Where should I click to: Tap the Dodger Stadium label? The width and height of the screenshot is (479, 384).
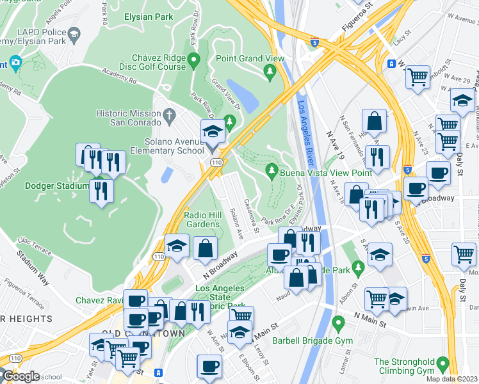56,186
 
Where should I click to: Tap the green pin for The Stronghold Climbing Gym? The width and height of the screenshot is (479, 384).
441,367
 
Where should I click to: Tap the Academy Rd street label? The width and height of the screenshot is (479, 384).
119,77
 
